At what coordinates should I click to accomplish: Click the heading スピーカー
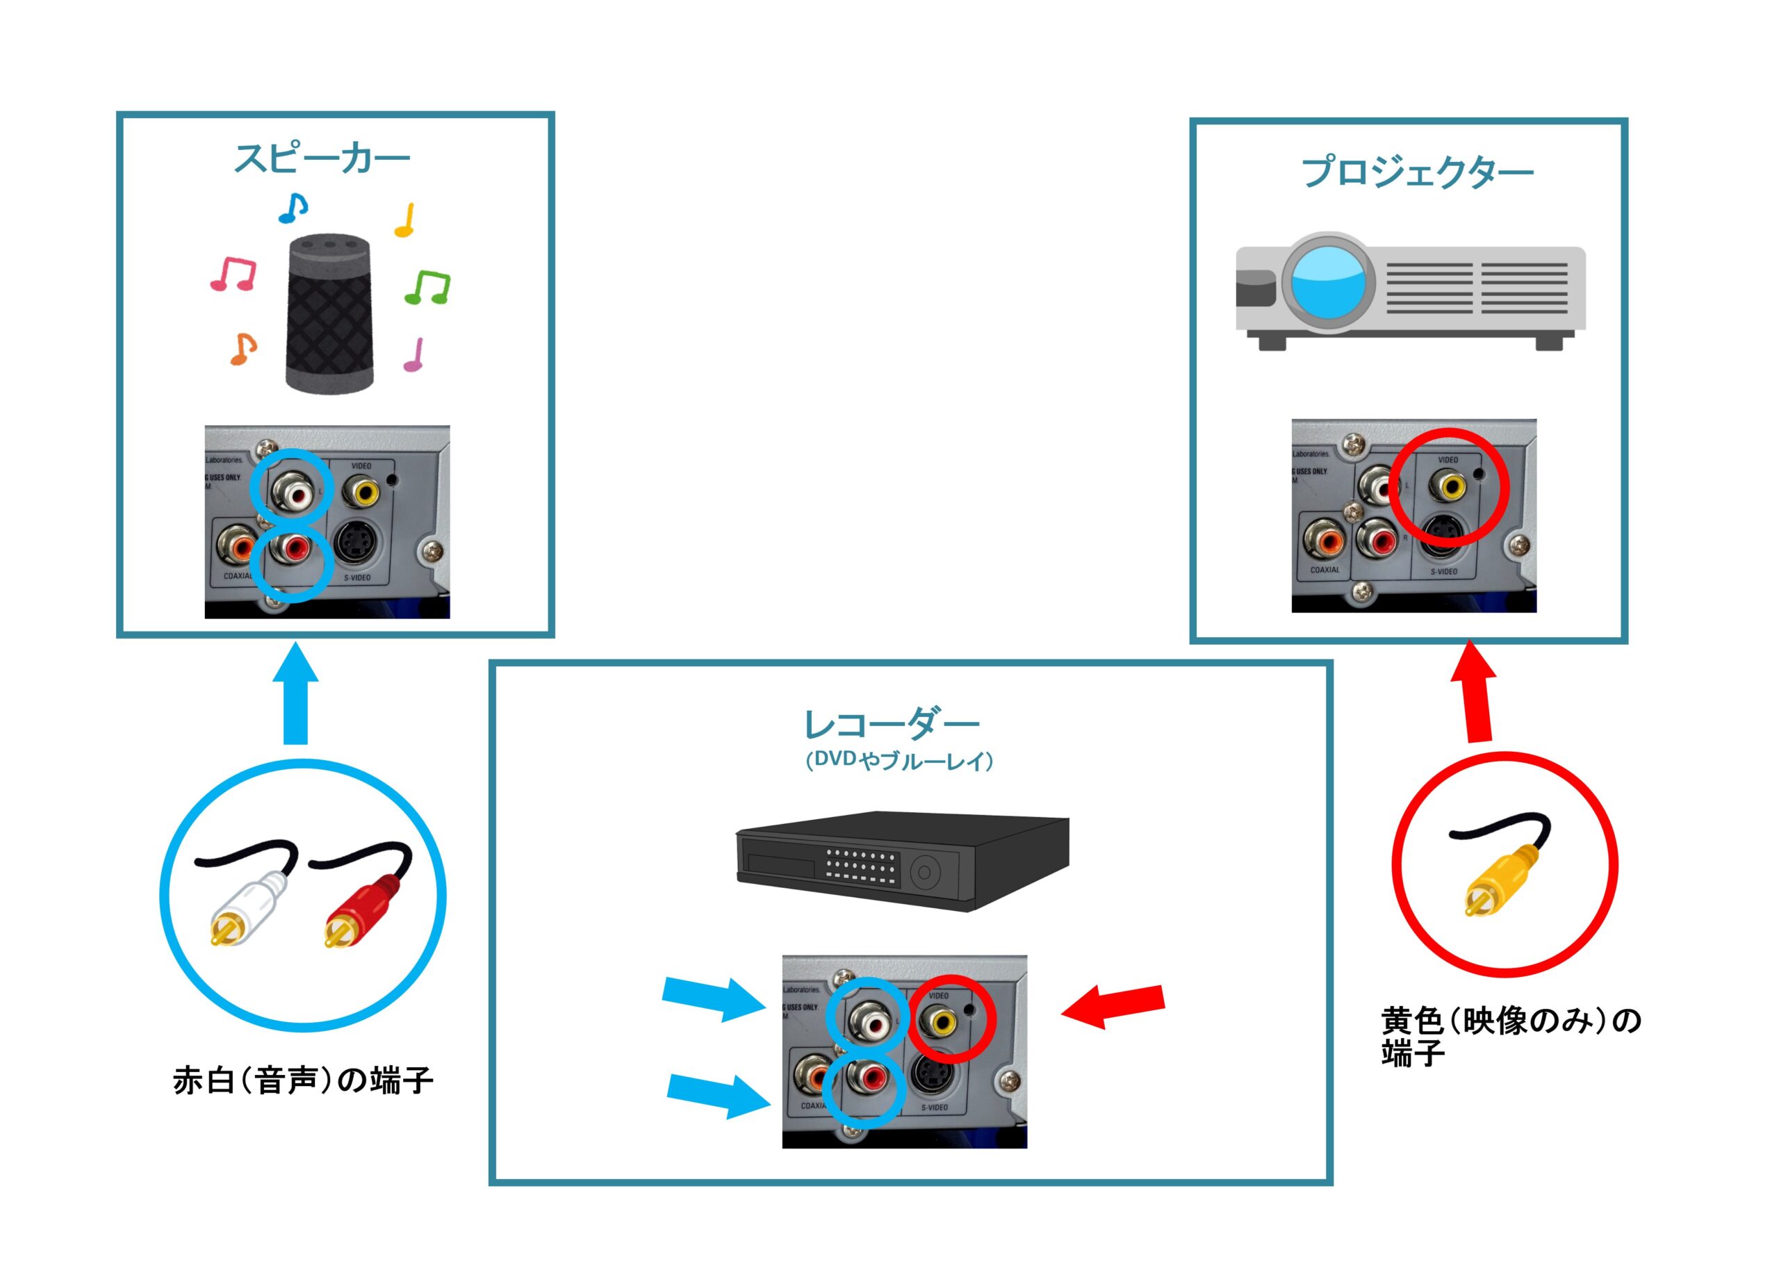pos(322,159)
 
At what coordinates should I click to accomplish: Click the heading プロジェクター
pos(1417,172)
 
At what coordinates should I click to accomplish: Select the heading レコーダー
pos(892,724)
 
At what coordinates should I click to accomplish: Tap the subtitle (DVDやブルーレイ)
pos(900,760)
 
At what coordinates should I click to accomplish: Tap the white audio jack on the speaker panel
pos(291,493)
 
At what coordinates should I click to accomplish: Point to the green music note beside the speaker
pos(428,287)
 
